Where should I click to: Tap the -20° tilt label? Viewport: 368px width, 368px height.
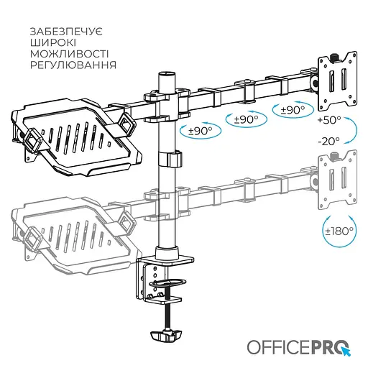point(328,142)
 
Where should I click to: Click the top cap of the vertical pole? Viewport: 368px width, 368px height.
point(167,74)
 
